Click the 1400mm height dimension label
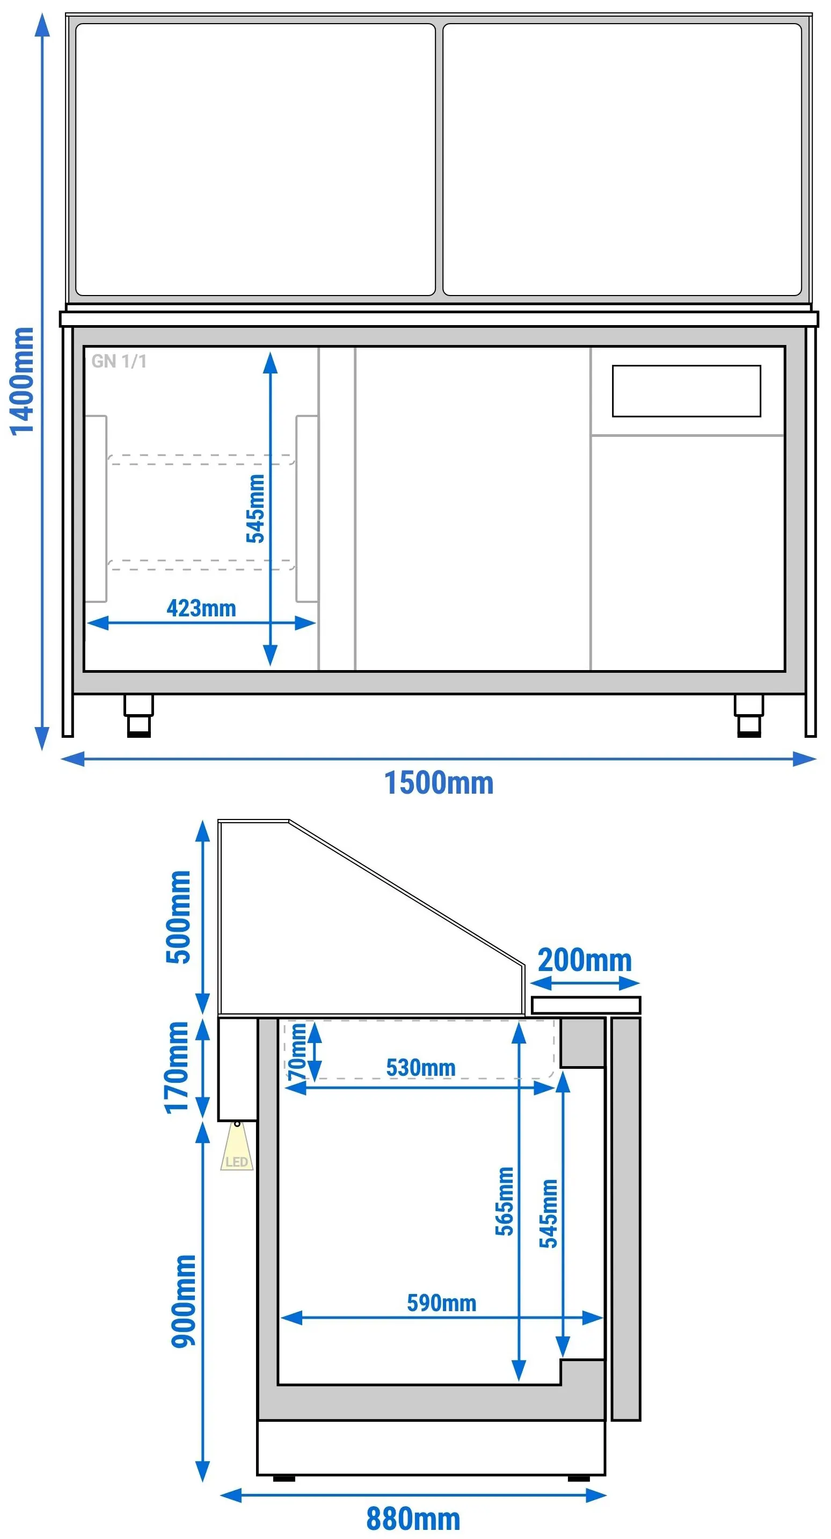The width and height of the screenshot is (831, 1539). pyautogui.click(x=22, y=381)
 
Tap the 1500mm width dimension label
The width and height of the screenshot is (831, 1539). pyautogui.click(x=439, y=782)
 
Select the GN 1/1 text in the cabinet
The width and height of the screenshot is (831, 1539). pyautogui.click(x=119, y=361)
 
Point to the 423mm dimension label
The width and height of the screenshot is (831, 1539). pyautogui.click(x=201, y=608)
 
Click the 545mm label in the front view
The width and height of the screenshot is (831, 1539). pyautogui.click(x=256, y=508)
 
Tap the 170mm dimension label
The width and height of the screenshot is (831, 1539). pyautogui.click(x=177, y=1068)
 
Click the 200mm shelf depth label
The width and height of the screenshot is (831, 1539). pyautogui.click(x=585, y=960)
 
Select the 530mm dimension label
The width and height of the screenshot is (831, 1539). pyautogui.click(x=421, y=1068)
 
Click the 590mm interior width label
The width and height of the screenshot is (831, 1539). pyautogui.click(x=442, y=1303)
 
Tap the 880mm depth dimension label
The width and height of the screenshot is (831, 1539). pyautogui.click(x=413, y=1519)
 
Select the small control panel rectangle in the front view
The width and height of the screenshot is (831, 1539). pyautogui.click(x=687, y=391)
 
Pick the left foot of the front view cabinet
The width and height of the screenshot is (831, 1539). pyautogui.click(x=138, y=715)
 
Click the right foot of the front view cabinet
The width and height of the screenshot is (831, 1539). pyautogui.click(x=749, y=715)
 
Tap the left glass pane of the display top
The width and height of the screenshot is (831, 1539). pyautogui.click(x=256, y=160)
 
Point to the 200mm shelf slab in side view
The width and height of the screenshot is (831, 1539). pyautogui.click(x=586, y=1005)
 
